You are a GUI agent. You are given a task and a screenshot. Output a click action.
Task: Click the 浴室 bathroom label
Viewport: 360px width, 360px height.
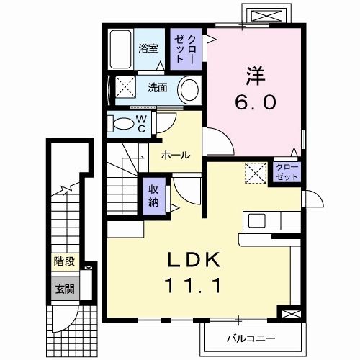point(148,49)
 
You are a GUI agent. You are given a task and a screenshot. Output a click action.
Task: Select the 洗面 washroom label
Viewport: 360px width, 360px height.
point(158,88)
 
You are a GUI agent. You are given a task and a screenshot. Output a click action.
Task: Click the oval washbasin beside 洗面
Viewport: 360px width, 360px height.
point(189,91)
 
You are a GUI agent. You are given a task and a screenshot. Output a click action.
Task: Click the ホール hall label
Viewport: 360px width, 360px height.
point(175,154)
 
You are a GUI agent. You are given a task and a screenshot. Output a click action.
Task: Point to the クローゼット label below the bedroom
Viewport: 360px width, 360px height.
point(286,172)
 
